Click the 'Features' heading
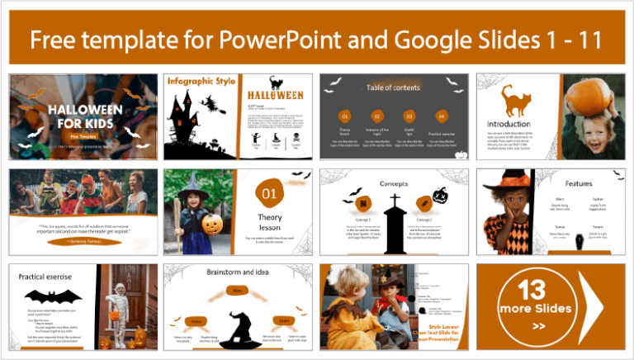578,182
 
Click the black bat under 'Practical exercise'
53,296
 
